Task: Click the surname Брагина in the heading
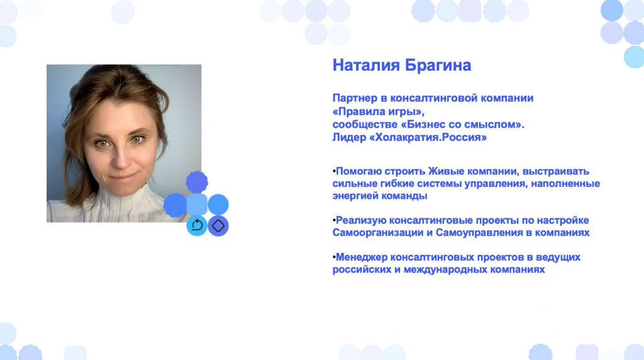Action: [x=438, y=65]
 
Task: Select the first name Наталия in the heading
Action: [x=366, y=65]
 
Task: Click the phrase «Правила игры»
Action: [x=378, y=111]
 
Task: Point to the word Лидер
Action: [x=349, y=137]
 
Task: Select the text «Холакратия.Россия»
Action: [x=428, y=137]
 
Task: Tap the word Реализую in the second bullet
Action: [x=360, y=220]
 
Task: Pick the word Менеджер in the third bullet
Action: [x=362, y=257]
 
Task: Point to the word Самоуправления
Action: [x=479, y=233]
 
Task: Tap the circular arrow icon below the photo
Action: [x=197, y=225]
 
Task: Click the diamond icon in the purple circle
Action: [x=218, y=225]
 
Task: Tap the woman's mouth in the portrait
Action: [x=122, y=177]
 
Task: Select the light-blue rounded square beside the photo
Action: [x=197, y=205]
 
